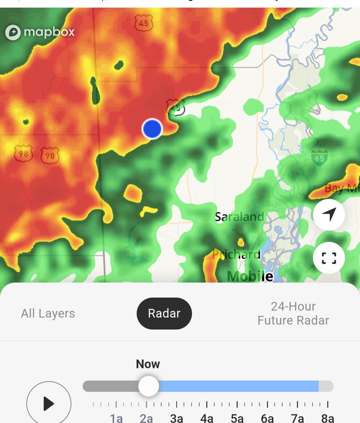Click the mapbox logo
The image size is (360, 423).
[x=40, y=32]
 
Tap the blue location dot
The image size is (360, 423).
[x=152, y=128]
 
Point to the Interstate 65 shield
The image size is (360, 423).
[x=319, y=157]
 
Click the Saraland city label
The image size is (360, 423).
[x=239, y=217]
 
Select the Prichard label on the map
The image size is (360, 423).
[x=236, y=255]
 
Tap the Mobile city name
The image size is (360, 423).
[x=250, y=275]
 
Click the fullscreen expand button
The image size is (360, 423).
[x=329, y=258]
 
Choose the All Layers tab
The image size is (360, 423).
[x=48, y=314]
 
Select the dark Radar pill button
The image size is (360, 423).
[x=164, y=314]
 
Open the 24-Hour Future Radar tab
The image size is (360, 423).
[x=293, y=314]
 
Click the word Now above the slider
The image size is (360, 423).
[x=148, y=364]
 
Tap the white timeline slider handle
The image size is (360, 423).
[x=149, y=386]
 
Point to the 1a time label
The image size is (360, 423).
[x=116, y=418]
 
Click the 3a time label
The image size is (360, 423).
[x=177, y=418]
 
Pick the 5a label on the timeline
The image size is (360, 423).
[x=237, y=418]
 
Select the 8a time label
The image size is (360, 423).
[x=328, y=418]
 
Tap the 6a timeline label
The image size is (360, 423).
[x=267, y=418]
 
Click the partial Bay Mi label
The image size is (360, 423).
[x=341, y=189]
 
